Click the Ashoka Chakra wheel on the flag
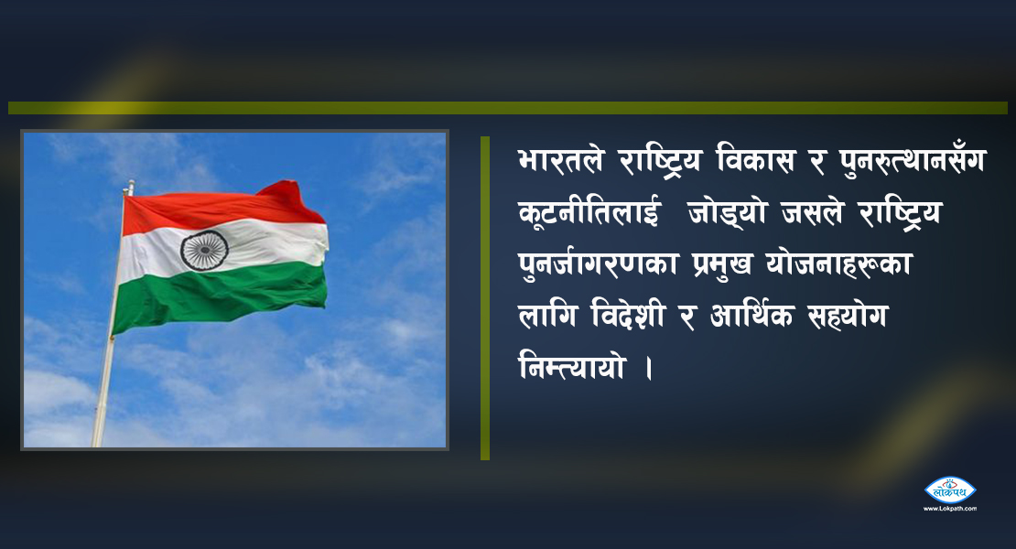pyautogui.click(x=204, y=250)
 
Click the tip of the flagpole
pyautogui.click(x=131, y=183)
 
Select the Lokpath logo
pyautogui.click(x=950, y=490)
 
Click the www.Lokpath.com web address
pyautogui.click(x=950, y=509)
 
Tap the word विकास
pyautogui.click(x=755, y=160)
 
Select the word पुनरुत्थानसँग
pyautogui.click(x=912, y=161)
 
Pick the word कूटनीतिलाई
pyautogui.click(x=589, y=212)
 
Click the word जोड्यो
pyautogui.click(x=728, y=212)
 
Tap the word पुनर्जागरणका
pyautogui.click(x=599, y=264)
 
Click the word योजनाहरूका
pyautogui.click(x=839, y=264)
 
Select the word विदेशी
pyautogui.click(x=628, y=316)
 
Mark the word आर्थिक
pyautogui.click(x=751, y=316)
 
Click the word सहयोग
pyautogui.click(x=848, y=317)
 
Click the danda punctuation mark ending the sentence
pyautogui.click(x=649, y=369)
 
